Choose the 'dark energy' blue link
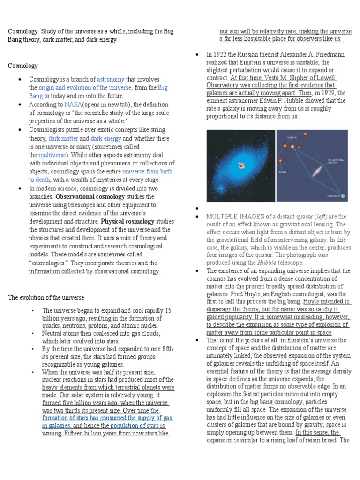pyautogui.click(x=106, y=138)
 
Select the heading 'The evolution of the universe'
pyautogui.click(x=46, y=297)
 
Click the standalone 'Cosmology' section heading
pyautogui.click(x=23, y=66)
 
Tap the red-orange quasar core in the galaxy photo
pyautogui.click(x=242, y=165)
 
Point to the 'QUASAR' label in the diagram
pyautogui.click(x=291, y=137)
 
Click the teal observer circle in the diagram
pyautogui.click(x=343, y=195)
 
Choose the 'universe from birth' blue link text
pyautogui.click(x=147, y=172)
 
